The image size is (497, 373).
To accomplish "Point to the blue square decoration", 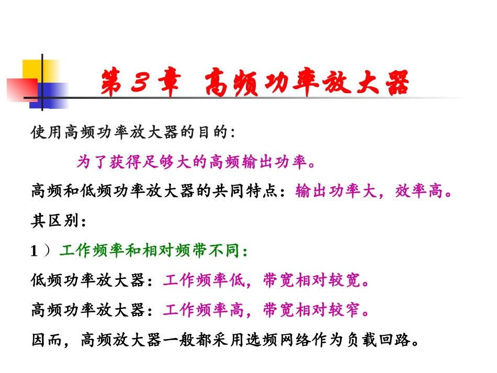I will pyautogui.click(x=52, y=96).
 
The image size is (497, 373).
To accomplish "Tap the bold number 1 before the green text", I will pyautogui.click(x=35, y=252).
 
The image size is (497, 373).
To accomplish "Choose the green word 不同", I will pyautogui.click(x=228, y=252).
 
